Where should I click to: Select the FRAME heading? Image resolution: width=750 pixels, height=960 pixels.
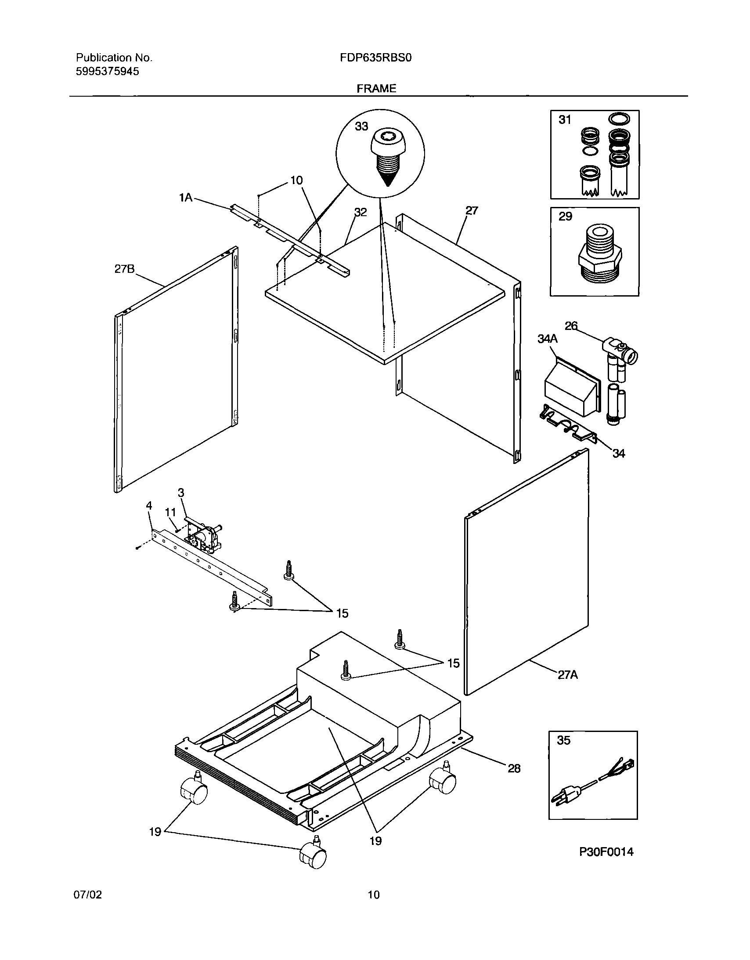[x=376, y=88]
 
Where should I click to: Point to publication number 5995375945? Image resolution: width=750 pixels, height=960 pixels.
[x=108, y=71]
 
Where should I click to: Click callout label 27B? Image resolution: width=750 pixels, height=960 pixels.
[x=124, y=269]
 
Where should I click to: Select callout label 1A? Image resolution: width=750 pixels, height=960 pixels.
[x=185, y=198]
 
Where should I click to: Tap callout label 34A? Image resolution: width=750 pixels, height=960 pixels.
[x=547, y=338]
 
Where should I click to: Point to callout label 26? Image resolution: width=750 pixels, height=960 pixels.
[x=571, y=326]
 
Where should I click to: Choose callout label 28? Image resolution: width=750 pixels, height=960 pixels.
[x=514, y=768]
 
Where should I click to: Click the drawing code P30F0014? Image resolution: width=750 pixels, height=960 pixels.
[x=606, y=852]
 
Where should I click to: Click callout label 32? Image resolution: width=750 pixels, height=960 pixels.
[x=360, y=212]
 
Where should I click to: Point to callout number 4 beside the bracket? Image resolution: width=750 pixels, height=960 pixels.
[x=149, y=506]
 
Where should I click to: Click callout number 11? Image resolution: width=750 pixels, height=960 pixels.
[x=170, y=512]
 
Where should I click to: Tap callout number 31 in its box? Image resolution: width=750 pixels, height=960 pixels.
[x=565, y=120]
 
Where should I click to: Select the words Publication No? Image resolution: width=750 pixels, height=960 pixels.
[x=114, y=58]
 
